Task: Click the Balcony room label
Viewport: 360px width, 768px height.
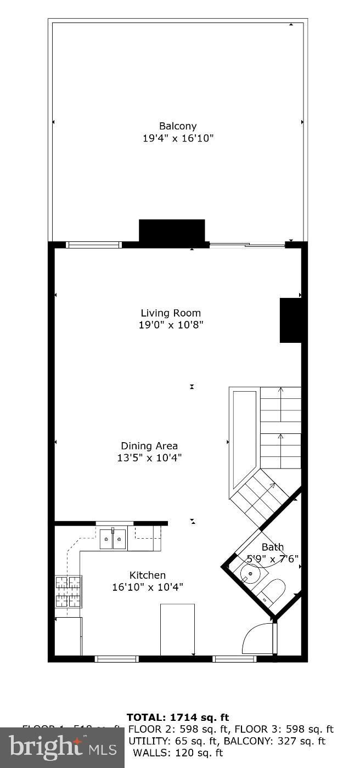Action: point(178,126)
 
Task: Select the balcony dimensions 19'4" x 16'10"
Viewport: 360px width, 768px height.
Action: point(178,138)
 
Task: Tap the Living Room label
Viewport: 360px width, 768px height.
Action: point(171,313)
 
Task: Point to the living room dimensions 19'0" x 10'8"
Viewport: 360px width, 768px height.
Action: point(171,325)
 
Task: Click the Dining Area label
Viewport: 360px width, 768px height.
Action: point(149,446)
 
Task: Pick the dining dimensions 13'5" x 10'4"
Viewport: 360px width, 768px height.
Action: point(149,458)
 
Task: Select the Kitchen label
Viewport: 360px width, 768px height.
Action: point(148,575)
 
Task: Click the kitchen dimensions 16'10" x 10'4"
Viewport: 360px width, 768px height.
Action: point(148,587)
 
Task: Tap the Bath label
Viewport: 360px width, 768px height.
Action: point(273,547)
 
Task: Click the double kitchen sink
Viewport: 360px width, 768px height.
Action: point(113,539)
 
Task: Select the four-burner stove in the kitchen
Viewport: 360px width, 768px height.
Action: point(68,591)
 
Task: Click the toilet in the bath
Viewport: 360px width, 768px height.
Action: point(272,592)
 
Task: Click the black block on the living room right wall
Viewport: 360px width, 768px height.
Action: point(290,320)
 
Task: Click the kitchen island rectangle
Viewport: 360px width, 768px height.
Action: point(177,629)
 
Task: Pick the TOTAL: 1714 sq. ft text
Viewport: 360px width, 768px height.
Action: point(178,717)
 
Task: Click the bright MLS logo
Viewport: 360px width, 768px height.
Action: point(62,747)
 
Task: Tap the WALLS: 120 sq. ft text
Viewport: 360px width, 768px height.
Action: point(178,753)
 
